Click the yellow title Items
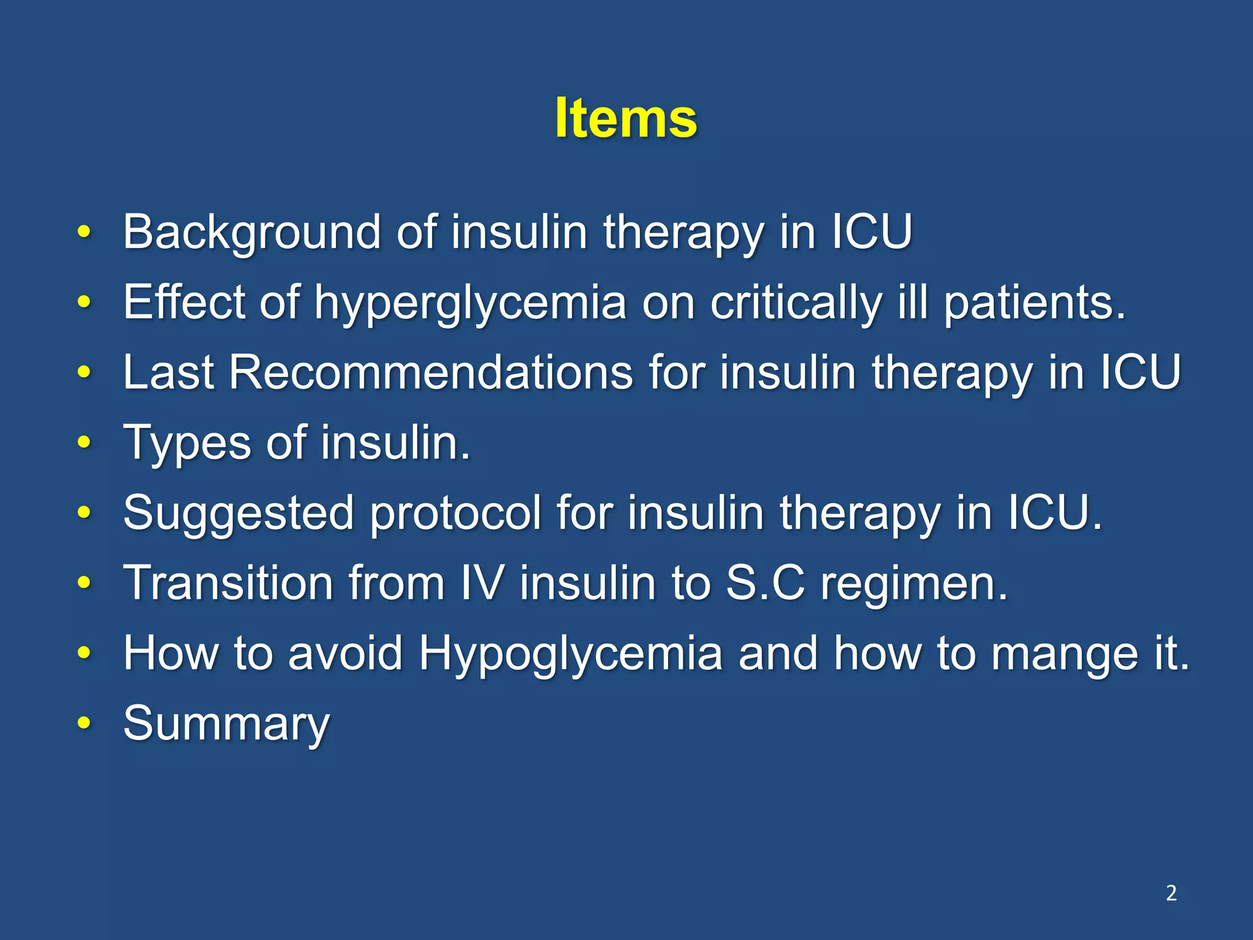tap(625, 118)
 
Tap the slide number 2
tap(1171, 893)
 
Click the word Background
tap(252, 232)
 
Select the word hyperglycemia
tap(470, 302)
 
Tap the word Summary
tap(226, 723)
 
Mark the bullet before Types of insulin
tap(84, 442)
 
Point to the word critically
tap(796, 302)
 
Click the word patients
tap(1033, 302)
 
